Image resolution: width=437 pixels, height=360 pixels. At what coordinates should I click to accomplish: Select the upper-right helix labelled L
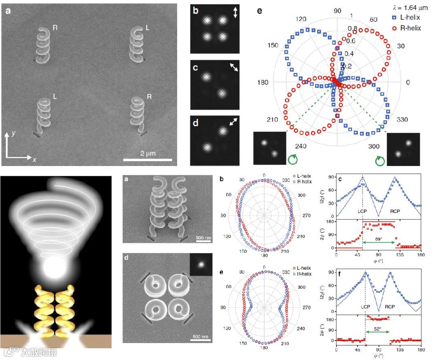[137, 45]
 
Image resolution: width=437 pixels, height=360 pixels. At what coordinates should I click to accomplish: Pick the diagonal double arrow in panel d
[234, 122]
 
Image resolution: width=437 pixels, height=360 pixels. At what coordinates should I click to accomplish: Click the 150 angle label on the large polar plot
[273, 45]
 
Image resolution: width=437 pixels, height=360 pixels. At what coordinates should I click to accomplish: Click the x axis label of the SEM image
[34, 160]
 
